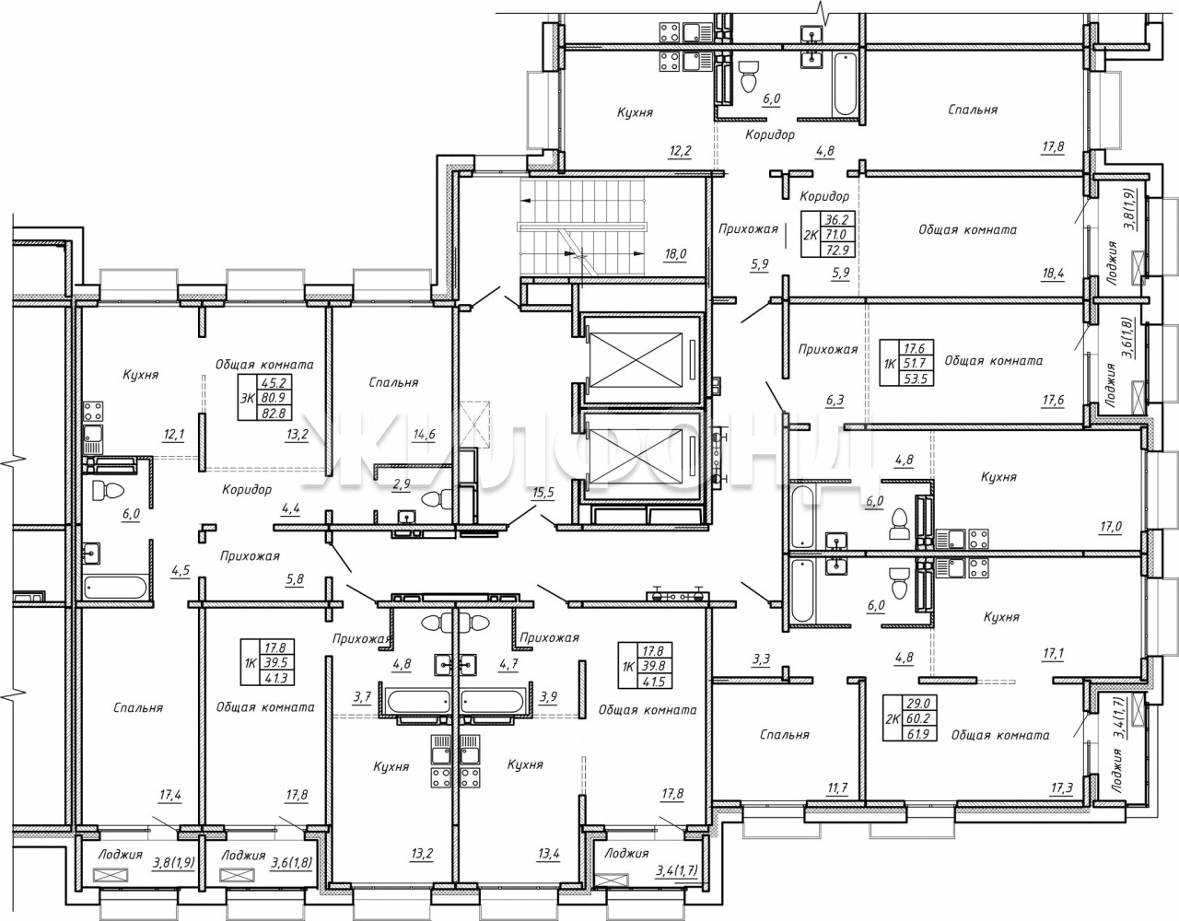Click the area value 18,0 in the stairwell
point(674,254)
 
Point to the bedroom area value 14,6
point(424,435)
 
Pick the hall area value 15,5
point(543,493)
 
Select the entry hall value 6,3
point(835,401)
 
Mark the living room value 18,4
point(1053,274)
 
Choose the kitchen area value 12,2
point(681,151)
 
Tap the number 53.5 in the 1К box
point(916,379)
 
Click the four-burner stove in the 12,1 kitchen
point(93,411)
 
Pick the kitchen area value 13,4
point(549,855)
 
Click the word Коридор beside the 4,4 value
point(247,490)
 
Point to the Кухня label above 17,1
point(1001,617)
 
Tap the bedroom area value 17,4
point(169,796)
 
